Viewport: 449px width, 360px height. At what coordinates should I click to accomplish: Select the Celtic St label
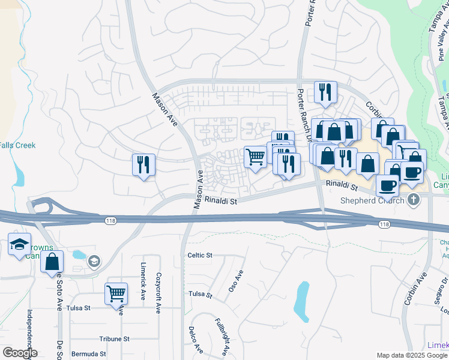(x=200, y=255)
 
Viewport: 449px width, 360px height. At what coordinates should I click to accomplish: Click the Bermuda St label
(x=88, y=354)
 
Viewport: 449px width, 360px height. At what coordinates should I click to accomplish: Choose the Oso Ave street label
(x=235, y=281)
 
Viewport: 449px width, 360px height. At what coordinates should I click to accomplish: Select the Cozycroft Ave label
(x=158, y=292)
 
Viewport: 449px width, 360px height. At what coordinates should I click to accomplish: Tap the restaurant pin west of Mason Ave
(x=143, y=165)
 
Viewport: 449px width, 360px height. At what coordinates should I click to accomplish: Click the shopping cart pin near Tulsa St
(x=116, y=294)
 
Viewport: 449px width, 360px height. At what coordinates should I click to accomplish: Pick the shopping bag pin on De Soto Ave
(x=52, y=262)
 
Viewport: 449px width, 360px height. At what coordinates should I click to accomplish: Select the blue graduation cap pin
(x=19, y=245)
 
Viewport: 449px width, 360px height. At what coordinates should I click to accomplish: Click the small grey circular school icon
(x=93, y=261)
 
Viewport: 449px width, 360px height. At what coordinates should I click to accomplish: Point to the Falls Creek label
(x=17, y=145)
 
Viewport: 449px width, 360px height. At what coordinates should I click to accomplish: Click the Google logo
(x=19, y=353)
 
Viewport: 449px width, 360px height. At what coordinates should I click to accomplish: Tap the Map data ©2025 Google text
(x=412, y=355)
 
